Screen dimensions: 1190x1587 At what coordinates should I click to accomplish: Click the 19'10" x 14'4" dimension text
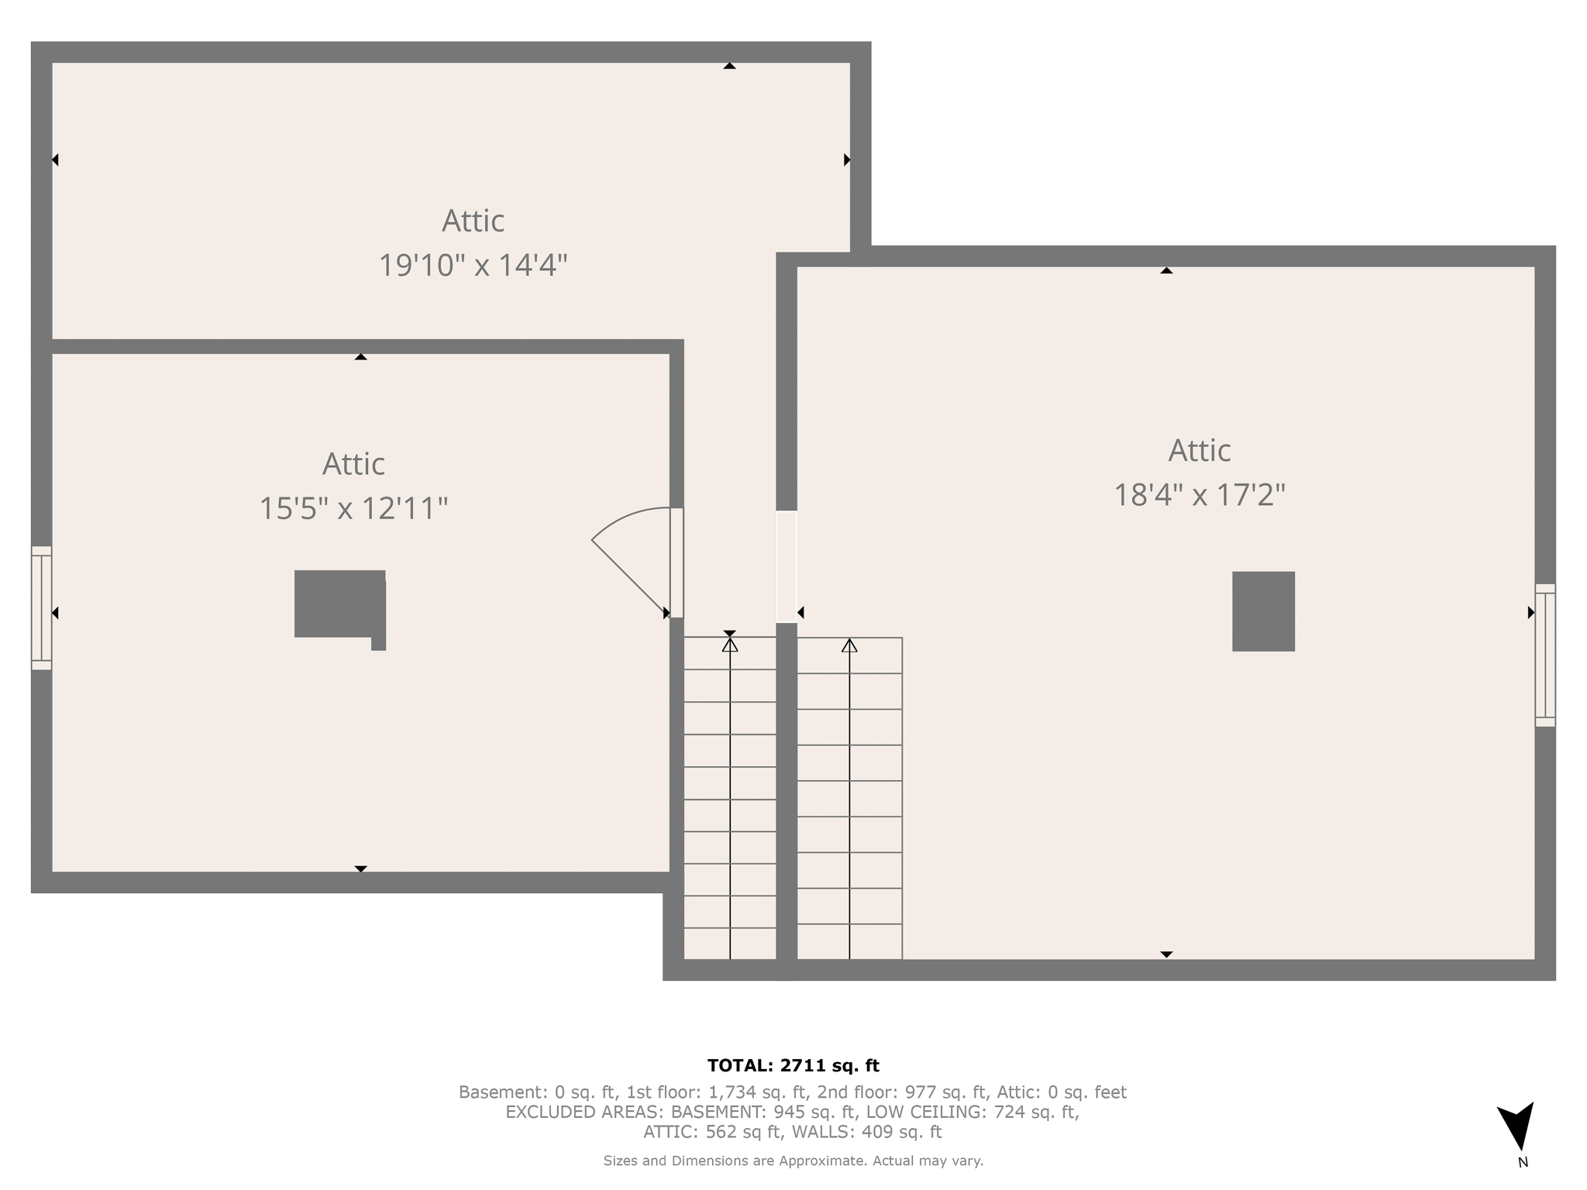(473, 266)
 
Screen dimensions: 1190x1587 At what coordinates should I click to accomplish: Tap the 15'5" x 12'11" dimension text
(353, 509)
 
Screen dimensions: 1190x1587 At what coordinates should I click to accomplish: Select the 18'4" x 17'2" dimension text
(1199, 495)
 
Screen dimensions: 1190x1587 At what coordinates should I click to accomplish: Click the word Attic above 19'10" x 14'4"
(473, 222)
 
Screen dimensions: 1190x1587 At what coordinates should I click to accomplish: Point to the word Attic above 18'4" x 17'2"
(1199, 451)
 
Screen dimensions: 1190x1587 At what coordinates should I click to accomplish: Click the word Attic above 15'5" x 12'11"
(353, 465)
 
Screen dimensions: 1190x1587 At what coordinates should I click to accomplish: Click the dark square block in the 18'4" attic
(1263, 611)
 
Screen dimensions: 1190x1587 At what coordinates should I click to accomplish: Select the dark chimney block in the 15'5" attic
(339, 605)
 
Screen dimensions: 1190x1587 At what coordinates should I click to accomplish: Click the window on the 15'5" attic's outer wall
(41, 608)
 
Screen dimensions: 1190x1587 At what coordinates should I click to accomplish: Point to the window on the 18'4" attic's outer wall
(1544, 655)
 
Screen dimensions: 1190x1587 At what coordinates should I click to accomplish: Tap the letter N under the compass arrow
(1523, 1162)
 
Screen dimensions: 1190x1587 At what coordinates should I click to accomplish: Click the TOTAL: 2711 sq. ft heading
(793, 1066)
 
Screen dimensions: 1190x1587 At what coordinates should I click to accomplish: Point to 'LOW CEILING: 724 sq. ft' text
(973, 1113)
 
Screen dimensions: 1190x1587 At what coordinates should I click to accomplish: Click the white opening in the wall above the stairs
(787, 566)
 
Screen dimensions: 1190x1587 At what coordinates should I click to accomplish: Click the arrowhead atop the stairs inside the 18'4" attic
(849, 645)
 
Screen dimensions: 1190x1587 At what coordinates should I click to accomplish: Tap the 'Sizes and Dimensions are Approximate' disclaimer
(793, 1161)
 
